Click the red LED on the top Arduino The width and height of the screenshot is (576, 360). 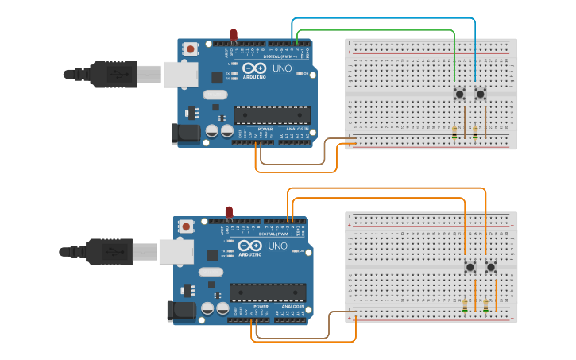pos(234,34)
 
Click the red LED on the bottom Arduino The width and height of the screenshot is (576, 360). pos(229,211)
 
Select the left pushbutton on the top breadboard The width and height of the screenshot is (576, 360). pos(459,95)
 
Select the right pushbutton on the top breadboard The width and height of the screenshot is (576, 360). pos(480,95)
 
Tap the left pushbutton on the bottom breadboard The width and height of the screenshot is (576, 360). pos(470,267)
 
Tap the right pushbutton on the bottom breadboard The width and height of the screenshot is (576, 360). pos(491,267)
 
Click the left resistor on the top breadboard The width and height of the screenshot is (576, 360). pos(454,133)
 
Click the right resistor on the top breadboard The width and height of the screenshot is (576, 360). pos(475,133)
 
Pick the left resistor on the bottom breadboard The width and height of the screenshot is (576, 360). pos(465,304)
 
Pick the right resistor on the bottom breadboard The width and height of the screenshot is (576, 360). pos(485,304)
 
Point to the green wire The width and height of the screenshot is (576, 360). pos(373,30)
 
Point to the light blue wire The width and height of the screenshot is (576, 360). pos(381,17)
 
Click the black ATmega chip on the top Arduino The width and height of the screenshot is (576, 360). pos(271,115)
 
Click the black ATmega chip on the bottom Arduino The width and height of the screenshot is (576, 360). pos(267,292)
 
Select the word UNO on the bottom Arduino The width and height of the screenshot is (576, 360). pos(277,246)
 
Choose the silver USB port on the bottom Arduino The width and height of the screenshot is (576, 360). pos(176,252)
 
